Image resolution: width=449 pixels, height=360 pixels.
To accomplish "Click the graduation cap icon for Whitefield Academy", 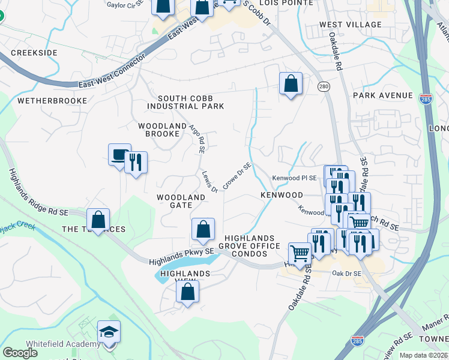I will click(x=109, y=332).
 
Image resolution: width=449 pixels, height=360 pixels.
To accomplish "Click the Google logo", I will click(x=20, y=353).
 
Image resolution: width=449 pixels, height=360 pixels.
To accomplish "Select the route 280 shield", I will click(x=324, y=86).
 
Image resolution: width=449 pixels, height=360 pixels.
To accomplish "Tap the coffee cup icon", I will click(x=119, y=154).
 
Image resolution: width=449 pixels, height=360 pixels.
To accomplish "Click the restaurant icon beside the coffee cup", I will click(x=136, y=162).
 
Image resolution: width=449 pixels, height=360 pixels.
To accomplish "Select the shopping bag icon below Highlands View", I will click(x=187, y=292).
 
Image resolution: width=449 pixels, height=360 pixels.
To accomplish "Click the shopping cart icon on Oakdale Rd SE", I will click(x=300, y=252).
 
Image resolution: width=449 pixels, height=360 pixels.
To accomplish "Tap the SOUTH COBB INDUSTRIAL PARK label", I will click(x=191, y=102).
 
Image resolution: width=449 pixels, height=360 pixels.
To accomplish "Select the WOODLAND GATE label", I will click(x=181, y=201).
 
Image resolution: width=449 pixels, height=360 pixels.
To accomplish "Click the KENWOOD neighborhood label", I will click(x=282, y=196).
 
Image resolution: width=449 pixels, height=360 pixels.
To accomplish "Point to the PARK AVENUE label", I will click(x=383, y=95).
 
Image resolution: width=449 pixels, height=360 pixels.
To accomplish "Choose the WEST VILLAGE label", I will click(x=350, y=25).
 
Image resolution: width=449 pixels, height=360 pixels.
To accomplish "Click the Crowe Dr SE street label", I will click(x=237, y=176).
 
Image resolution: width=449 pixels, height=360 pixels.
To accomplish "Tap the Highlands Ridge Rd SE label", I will click(x=38, y=192).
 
